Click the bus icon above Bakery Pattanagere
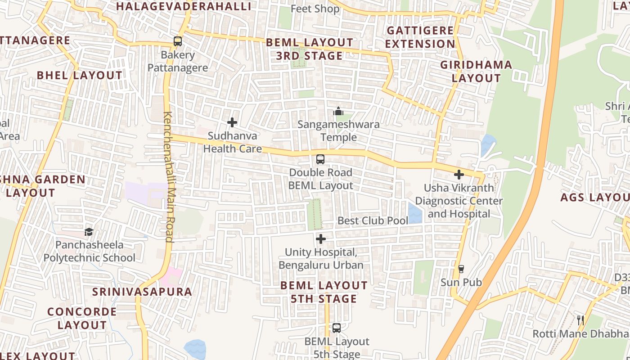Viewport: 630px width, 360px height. tap(178, 41)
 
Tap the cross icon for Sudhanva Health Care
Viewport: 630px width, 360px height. tap(232, 122)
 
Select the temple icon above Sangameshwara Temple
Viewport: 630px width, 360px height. tap(338, 111)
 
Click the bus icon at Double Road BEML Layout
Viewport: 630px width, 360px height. tap(320, 159)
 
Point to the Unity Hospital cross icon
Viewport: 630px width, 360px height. tap(321, 239)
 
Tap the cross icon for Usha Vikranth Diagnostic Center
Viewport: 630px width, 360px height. tap(459, 175)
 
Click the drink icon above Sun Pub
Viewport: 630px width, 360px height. tap(461, 269)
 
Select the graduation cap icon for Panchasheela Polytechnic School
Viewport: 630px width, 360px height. tap(89, 232)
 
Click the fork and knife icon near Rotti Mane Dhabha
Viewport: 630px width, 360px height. tap(580, 320)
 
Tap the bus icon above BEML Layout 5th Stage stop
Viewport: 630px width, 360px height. tap(337, 328)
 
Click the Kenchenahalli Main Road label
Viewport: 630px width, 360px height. tap(169, 176)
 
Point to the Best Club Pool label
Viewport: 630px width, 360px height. tap(373, 220)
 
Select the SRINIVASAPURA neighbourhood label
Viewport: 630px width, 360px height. tap(142, 292)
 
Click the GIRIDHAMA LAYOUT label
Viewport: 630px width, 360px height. tap(476, 71)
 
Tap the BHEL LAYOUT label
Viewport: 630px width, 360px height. tap(79, 75)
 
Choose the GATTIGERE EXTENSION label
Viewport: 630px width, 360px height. tap(421, 37)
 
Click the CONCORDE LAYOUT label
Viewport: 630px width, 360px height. tap(82, 318)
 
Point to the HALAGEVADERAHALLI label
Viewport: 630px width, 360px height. tap(184, 6)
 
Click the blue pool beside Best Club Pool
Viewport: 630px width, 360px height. tap(415, 213)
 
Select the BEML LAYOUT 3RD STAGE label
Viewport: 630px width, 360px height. tap(310, 49)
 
